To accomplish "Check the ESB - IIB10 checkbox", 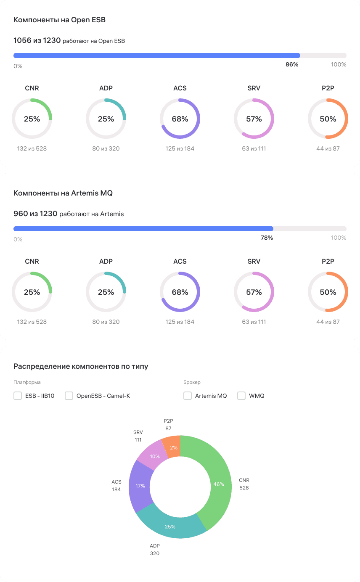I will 18,396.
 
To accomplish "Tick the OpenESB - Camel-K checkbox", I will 69,396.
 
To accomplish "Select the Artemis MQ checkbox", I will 188,396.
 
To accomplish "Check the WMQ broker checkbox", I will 241,396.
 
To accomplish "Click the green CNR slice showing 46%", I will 219,484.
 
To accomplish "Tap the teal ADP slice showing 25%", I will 170,526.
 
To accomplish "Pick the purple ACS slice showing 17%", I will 140,486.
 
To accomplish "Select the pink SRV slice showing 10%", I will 154,456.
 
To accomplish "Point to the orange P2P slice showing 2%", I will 173,447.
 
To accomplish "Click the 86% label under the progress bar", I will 292,64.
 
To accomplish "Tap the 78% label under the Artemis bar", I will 267,238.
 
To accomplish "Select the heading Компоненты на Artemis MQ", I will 63,193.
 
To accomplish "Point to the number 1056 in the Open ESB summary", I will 22,40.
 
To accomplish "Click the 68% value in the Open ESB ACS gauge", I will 180,119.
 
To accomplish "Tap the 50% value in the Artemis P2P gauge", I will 328,292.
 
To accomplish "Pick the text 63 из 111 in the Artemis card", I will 254,322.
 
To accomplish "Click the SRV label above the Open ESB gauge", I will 254,88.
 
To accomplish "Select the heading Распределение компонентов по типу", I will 81,366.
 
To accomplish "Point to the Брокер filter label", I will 192,382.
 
